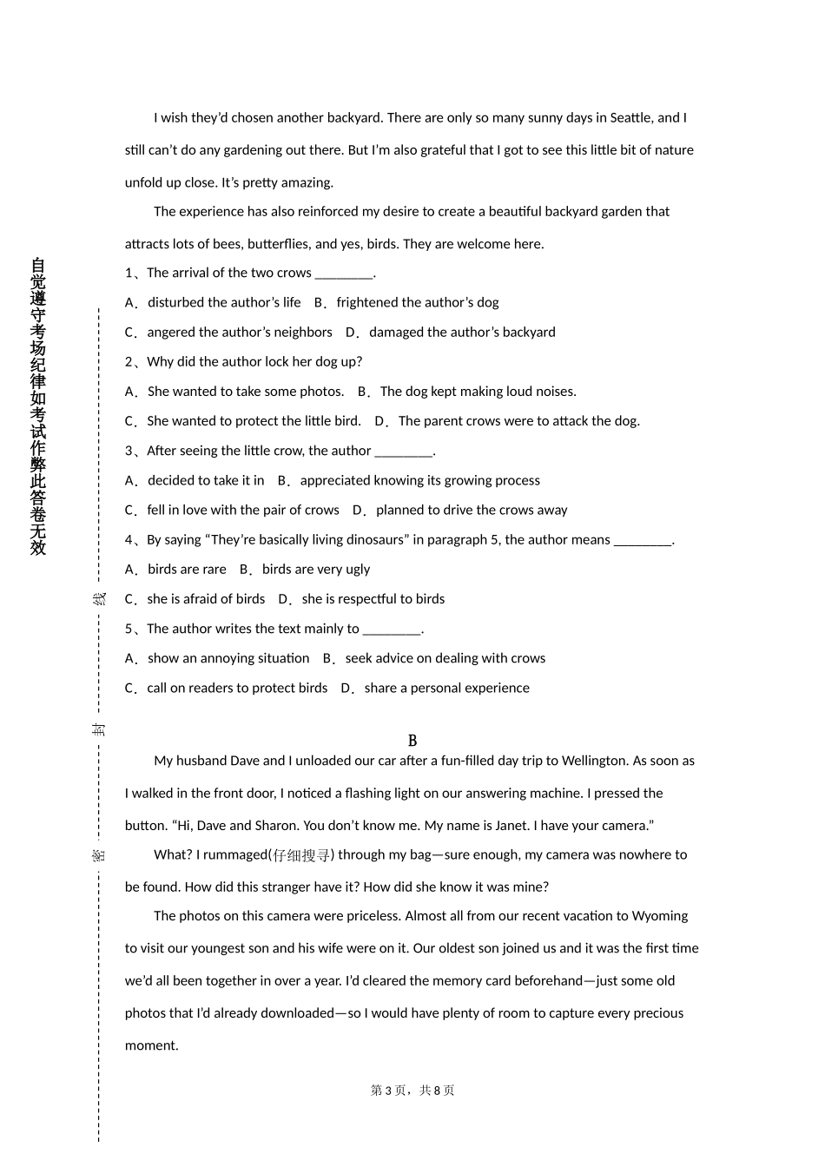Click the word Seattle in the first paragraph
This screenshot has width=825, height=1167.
pyautogui.click(x=630, y=118)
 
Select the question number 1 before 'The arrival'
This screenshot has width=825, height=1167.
pyautogui.click(x=129, y=274)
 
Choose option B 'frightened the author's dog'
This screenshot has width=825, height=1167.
pyautogui.click(x=417, y=303)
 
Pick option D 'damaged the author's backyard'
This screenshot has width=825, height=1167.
pyautogui.click(x=461, y=333)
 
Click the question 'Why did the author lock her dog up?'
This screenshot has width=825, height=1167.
pyautogui.click(x=254, y=362)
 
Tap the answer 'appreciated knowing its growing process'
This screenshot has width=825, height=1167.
pyautogui.click(x=419, y=481)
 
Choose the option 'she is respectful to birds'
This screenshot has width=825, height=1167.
pyautogui.click(x=373, y=599)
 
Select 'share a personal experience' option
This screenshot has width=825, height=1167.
pyautogui.click(x=446, y=689)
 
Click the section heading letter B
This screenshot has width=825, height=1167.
pyautogui.click(x=412, y=741)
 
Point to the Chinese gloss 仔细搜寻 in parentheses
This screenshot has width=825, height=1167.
pyautogui.click(x=301, y=855)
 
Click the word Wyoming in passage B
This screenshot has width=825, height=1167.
pyautogui.click(x=659, y=916)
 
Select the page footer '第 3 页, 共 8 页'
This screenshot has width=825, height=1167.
pyautogui.click(x=412, y=1091)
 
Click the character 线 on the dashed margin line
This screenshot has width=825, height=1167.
pyautogui.click(x=100, y=599)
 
